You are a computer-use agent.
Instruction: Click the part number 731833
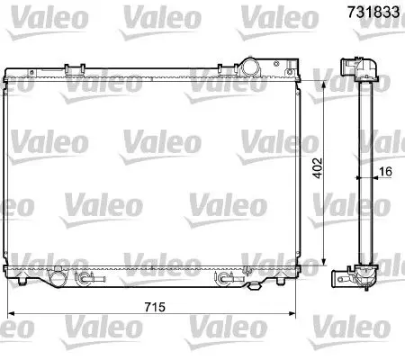(373, 13)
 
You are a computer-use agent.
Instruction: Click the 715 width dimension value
(155, 307)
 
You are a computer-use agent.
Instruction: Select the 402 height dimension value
(318, 168)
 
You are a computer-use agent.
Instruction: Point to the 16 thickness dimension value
(385, 172)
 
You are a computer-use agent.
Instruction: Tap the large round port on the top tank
(249, 67)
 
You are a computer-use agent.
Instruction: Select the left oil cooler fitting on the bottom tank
(90, 278)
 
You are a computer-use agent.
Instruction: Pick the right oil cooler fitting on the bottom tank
(229, 278)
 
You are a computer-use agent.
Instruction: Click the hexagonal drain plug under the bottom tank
(254, 286)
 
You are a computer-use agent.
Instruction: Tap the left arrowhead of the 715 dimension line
(11, 314)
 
